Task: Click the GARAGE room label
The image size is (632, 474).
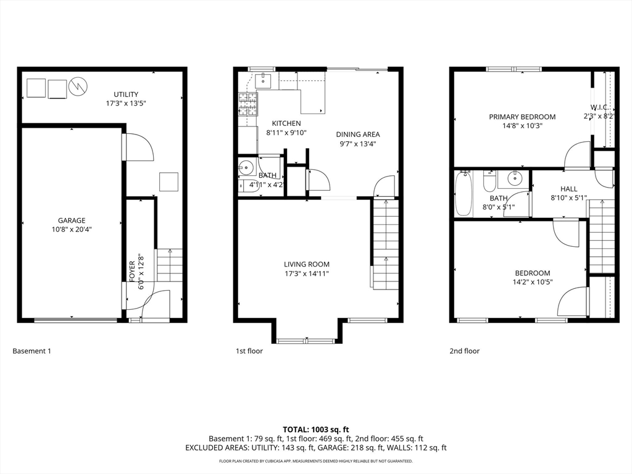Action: [72, 220]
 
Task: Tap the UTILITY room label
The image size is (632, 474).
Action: [126, 94]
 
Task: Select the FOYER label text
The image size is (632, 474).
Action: [132, 272]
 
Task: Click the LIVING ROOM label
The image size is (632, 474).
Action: [307, 264]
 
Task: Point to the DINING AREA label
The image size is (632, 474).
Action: [358, 135]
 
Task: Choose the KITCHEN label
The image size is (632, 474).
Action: [286, 123]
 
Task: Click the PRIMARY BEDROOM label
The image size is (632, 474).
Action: [522, 117]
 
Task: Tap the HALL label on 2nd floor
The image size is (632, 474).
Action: [568, 189]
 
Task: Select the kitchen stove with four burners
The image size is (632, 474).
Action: [248, 104]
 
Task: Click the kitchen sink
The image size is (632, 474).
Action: [264, 81]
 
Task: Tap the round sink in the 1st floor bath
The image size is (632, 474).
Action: [246, 167]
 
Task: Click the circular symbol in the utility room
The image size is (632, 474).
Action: [78, 85]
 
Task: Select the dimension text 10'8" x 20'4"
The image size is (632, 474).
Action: [72, 230]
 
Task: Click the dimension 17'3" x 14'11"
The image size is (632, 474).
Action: [307, 274]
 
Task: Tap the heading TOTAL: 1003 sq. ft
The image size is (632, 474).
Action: [315, 430]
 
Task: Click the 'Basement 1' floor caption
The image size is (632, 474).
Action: [32, 351]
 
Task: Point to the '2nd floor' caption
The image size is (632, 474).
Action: [465, 351]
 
